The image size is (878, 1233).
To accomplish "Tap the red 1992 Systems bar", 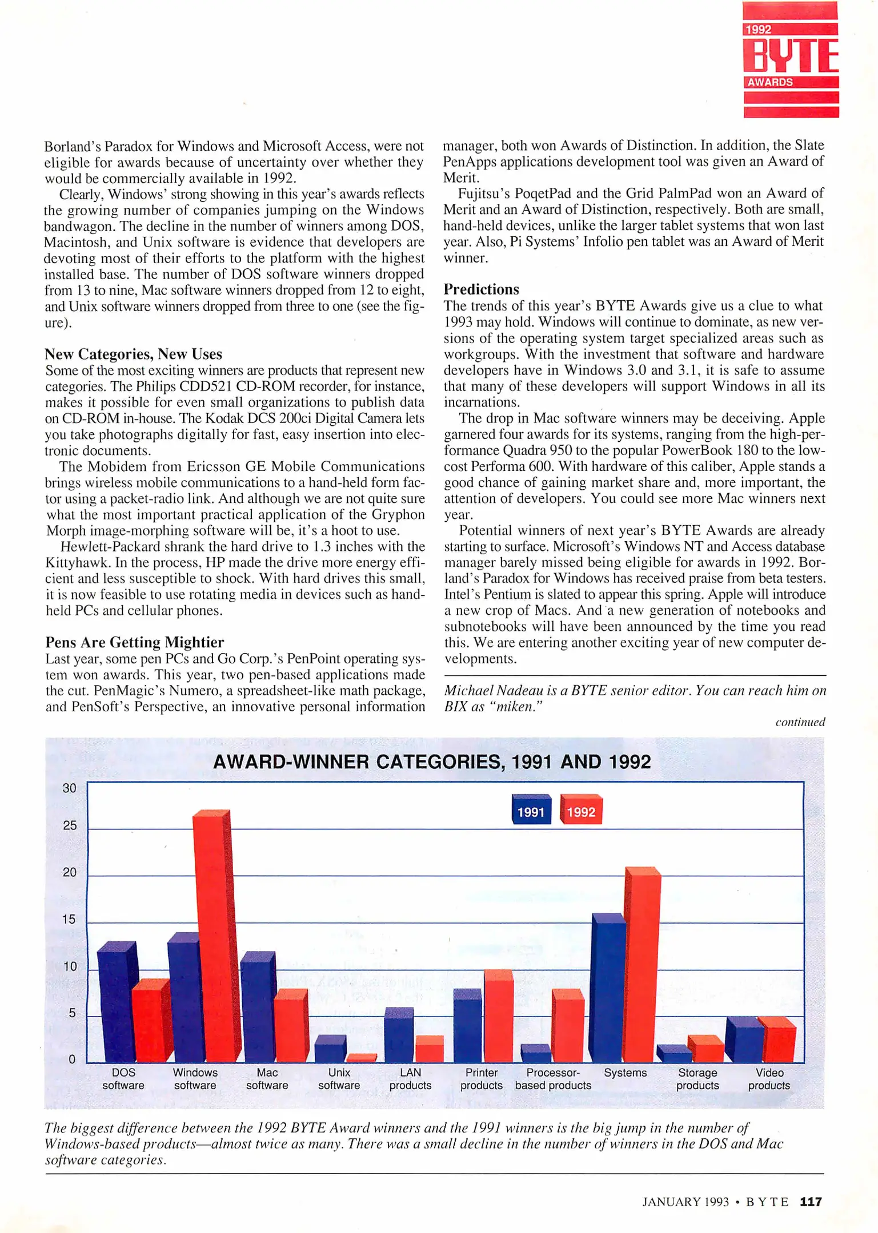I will [641, 965].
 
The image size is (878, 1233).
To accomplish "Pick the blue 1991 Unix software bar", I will [330, 1049].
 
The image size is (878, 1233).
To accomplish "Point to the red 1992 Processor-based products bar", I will [567, 1026].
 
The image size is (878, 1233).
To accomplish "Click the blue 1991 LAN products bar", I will [398, 1036].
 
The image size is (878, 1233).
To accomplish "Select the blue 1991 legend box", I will [531, 811].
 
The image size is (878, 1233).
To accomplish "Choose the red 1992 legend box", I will [581, 811].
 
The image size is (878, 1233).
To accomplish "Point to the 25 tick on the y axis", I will [70, 825].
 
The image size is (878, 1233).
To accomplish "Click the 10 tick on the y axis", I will [70, 966].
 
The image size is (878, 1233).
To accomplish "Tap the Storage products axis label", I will [697, 1079].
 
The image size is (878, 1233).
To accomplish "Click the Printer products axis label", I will [481, 1079].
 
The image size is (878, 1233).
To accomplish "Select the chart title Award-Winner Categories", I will [432, 762].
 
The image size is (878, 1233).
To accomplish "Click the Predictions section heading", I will [482, 289].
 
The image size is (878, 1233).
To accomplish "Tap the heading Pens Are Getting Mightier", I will [135, 642].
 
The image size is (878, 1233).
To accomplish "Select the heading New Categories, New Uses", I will [134, 354].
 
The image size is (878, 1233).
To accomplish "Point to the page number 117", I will [811, 1202].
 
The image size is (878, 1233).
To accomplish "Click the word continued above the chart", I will [800, 722].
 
